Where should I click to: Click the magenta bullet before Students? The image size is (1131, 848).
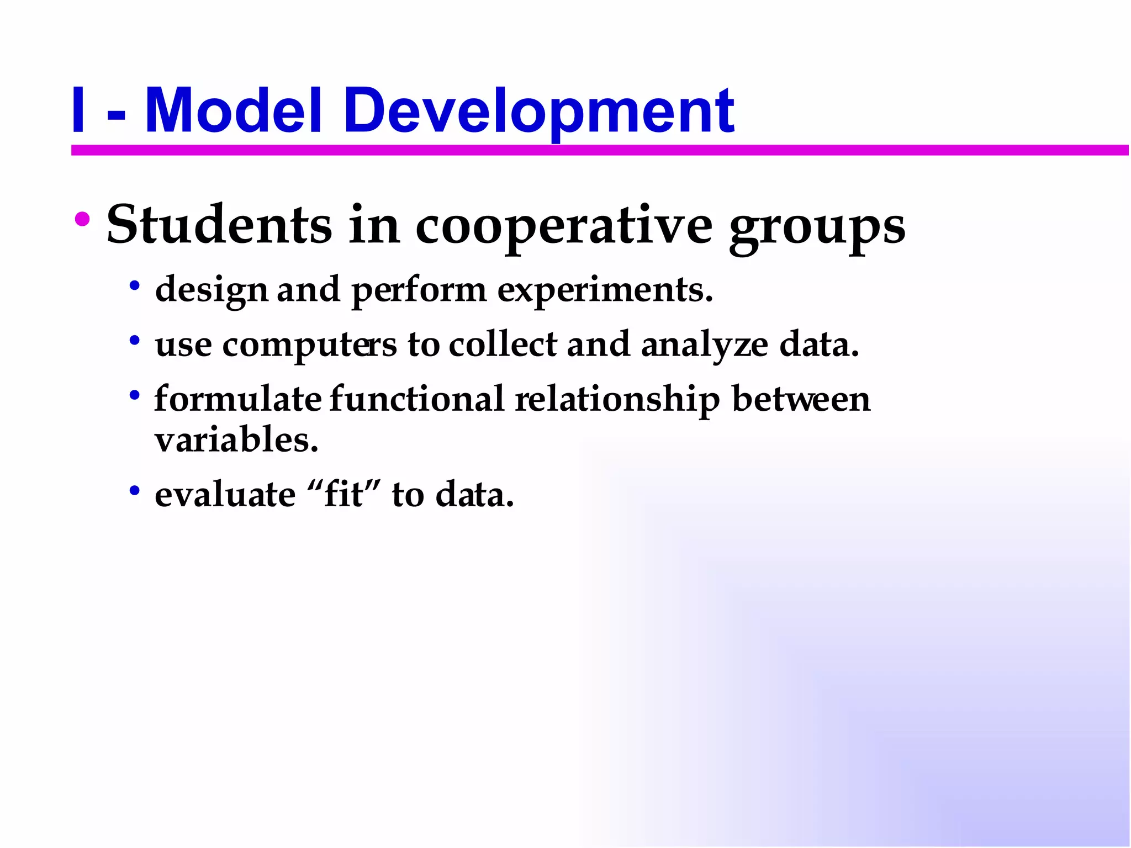click(x=82, y=220)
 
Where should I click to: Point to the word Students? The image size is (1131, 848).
click(x=219, y=225)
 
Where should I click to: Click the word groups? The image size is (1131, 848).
click(x=817, y=227)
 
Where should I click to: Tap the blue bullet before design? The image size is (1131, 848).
click(x=134, y=286)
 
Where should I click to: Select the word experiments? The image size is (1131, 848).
click(x=605, y=290)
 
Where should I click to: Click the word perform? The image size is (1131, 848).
click(x=419, y=290)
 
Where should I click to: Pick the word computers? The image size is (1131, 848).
click(x=309, y=345)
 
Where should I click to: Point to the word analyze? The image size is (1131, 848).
click(x=704, y=345)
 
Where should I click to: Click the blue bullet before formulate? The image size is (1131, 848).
click(x=134, y=395)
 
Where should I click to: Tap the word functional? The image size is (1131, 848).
click(x=417, y=398)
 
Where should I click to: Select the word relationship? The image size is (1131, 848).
click(x=617, y=399)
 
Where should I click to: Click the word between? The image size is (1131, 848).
click(x=801, y=398)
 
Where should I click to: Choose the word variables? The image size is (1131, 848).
click(x=236, y=440)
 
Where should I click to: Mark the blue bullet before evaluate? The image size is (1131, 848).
click(x=134, y=490)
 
